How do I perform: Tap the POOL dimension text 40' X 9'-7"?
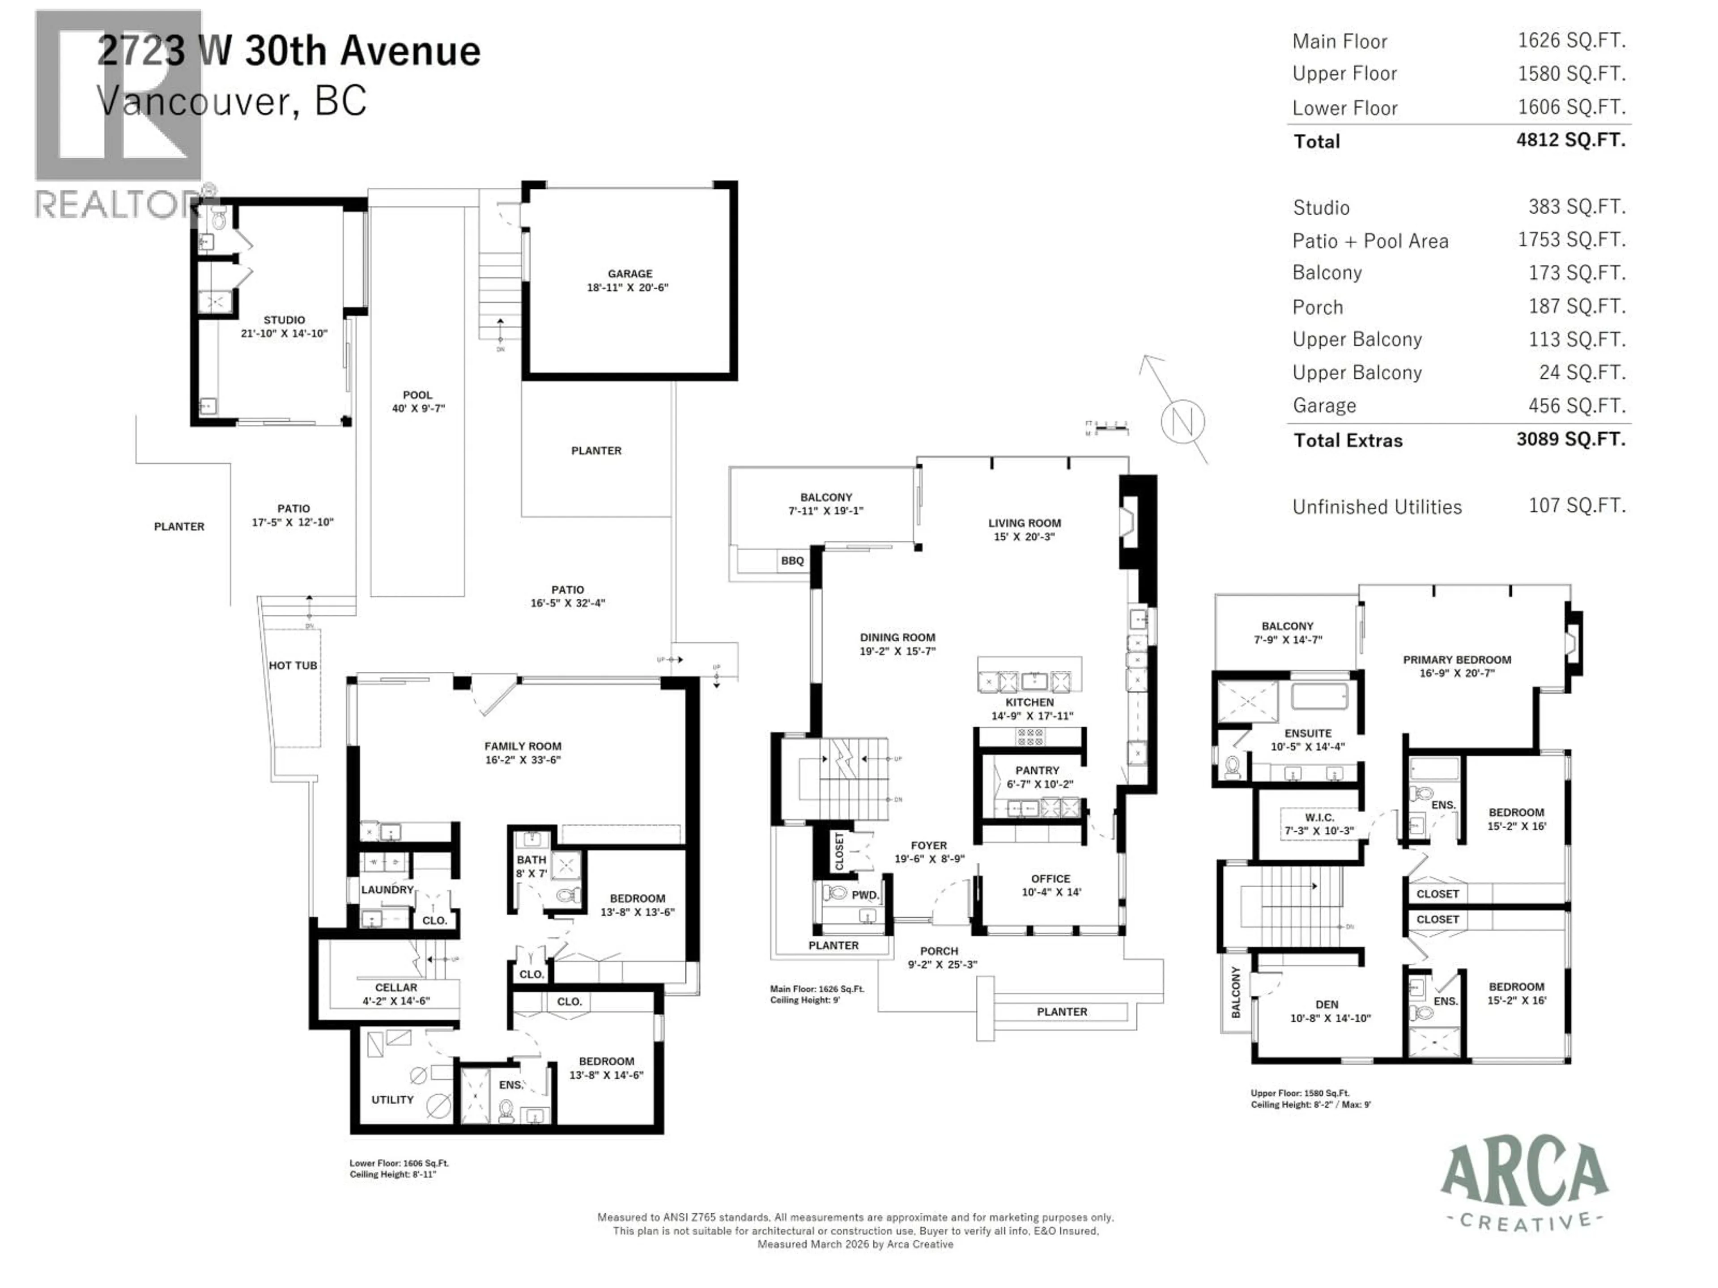pos(418,408)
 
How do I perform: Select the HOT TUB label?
pos(293,665)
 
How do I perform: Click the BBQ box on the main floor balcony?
pos(792,560)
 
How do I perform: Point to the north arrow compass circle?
pos(1182,422)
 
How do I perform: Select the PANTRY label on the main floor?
pos(1037,770)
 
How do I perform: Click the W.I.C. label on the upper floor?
pos(1319,818)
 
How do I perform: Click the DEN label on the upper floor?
pos(1327,1004)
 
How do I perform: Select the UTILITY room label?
pos(392,1099)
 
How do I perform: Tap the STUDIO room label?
pos(284,320)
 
